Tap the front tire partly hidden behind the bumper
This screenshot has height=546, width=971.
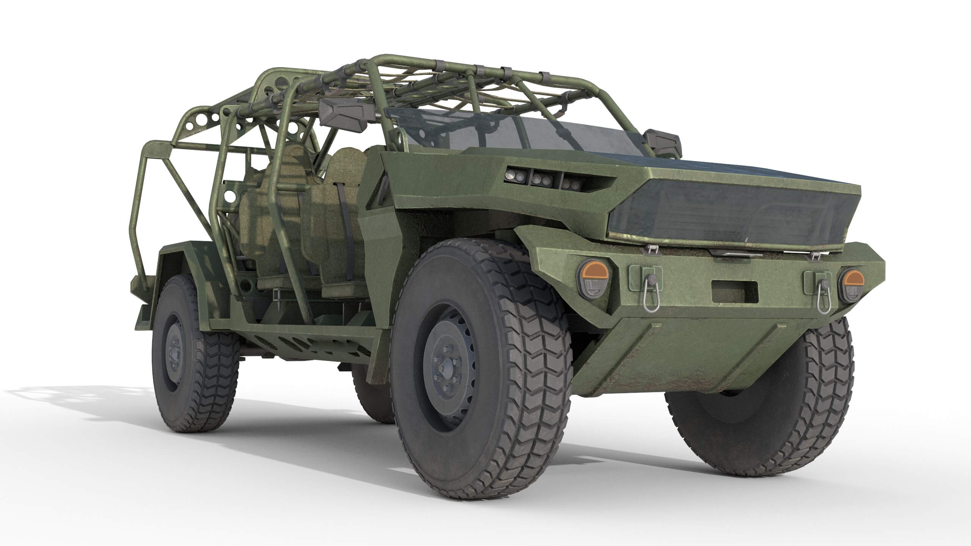tap(815, 402)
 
